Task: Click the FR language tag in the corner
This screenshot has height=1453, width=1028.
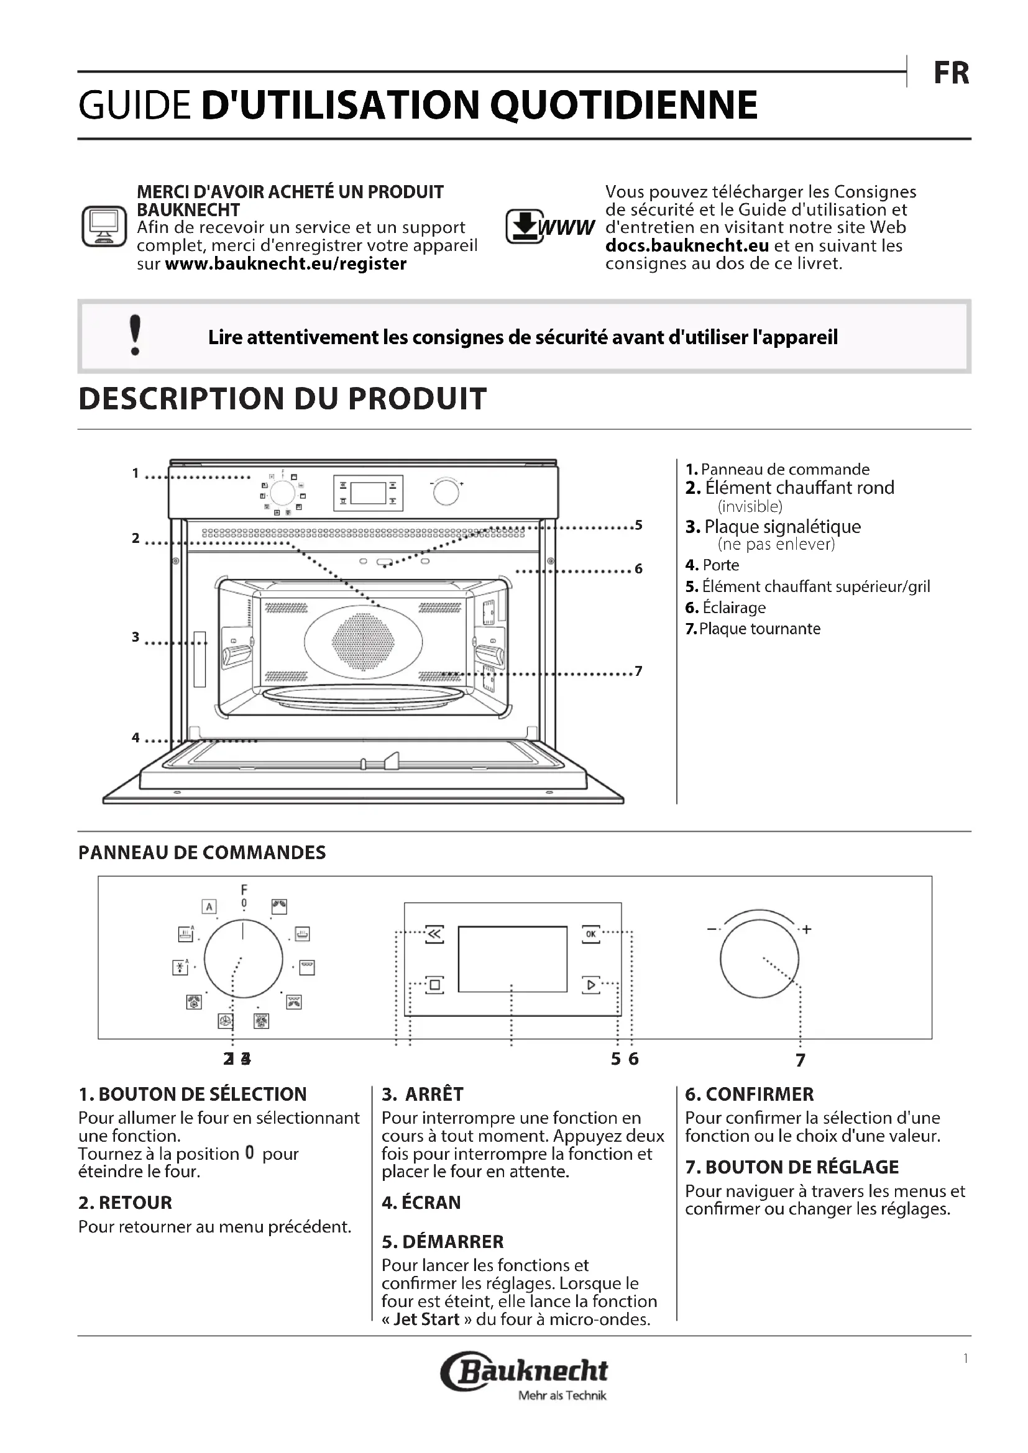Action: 951,73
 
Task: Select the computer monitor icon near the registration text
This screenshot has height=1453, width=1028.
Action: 104,226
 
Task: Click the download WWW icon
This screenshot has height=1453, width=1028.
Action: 550,227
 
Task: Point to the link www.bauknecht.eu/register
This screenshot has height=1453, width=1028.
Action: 285,264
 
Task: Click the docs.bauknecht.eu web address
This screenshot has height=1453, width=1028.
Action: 687,245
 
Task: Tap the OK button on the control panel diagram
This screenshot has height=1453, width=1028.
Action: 590,934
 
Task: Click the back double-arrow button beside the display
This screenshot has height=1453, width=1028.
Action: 435,934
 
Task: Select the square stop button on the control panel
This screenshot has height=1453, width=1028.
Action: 435,985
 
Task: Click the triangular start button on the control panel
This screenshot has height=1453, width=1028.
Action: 590,985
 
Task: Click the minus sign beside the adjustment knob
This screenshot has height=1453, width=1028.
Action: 712,929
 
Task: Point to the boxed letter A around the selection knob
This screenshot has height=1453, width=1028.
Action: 209,906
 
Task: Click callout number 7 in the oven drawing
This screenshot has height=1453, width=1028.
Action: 638,671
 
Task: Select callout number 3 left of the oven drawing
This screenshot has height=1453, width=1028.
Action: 135,637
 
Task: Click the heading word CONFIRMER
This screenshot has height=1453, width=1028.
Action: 760,1094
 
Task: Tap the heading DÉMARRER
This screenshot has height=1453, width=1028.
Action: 452,1242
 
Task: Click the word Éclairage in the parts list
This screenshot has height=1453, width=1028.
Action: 734,608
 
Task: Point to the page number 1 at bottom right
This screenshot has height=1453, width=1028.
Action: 965,1359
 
